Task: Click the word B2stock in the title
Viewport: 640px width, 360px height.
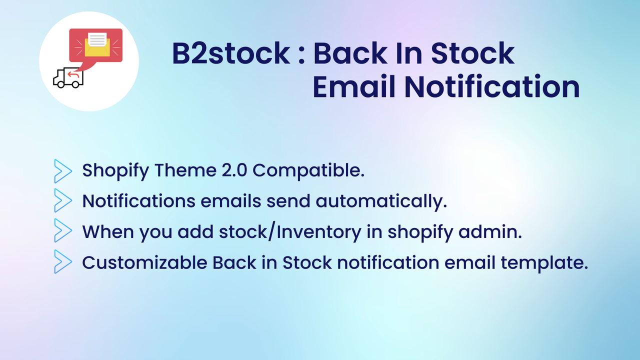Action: pyautogui.click(x=230, y=54)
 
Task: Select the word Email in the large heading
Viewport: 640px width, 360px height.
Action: pyautogui.click(x=354, y=87)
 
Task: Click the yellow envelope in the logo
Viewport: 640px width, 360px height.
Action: pyautogui.click(x=96, y=44)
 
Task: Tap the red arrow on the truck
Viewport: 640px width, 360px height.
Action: pyautogui.click(x=73, y=75)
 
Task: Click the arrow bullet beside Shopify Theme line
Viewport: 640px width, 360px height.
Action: pyautogui.click(x=63, y=170)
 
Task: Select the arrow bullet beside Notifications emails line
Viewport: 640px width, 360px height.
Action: pyautogui.click(x=63, y=201)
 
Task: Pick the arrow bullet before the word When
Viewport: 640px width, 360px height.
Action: pyautogui.click(x=63, y=231)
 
